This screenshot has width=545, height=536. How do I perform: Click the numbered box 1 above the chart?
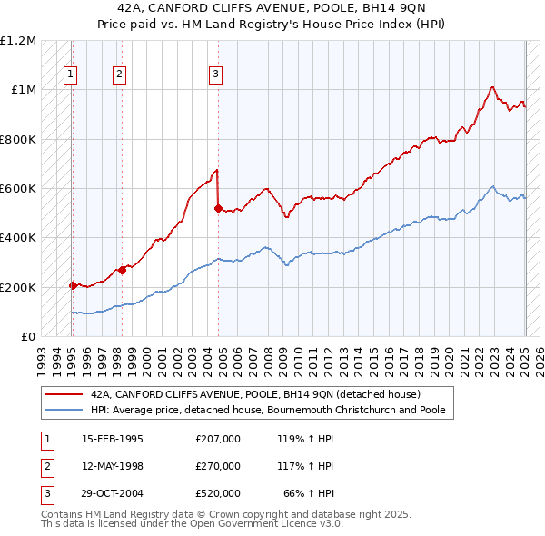point(70,75)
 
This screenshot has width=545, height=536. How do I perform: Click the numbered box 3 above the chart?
point(215,75)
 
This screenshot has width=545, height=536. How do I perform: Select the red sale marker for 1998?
point(122,270)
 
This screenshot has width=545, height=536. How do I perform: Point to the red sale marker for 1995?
point(73,285)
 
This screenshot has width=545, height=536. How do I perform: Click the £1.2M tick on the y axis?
point(18,41)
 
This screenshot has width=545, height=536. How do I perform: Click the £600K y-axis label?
point(18,189)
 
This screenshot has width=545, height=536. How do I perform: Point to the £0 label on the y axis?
point(28,336)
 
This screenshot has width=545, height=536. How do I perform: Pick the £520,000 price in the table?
point(218,493)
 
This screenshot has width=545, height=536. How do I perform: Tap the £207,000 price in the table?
point(218,439)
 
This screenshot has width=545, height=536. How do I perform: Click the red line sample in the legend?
point(64,395)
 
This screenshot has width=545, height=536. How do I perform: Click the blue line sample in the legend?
point(64,410)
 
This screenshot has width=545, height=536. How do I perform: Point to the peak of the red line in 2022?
point(491,86)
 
